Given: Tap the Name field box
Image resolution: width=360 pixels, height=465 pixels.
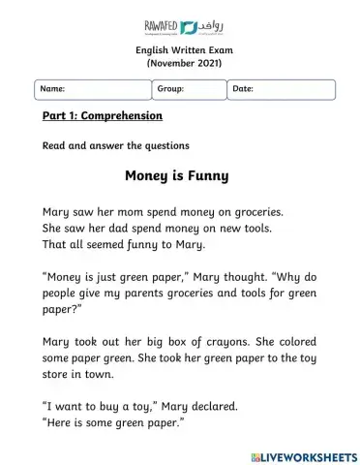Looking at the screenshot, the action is pos(92,89).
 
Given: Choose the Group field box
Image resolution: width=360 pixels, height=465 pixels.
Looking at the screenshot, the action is pos(188,89).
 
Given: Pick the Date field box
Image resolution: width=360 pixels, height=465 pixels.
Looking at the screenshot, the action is pos(282,89).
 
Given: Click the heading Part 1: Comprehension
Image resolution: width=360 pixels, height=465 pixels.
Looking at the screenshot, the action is pos(103,116).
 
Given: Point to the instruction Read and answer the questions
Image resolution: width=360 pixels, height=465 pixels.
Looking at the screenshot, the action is pos(115,146).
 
